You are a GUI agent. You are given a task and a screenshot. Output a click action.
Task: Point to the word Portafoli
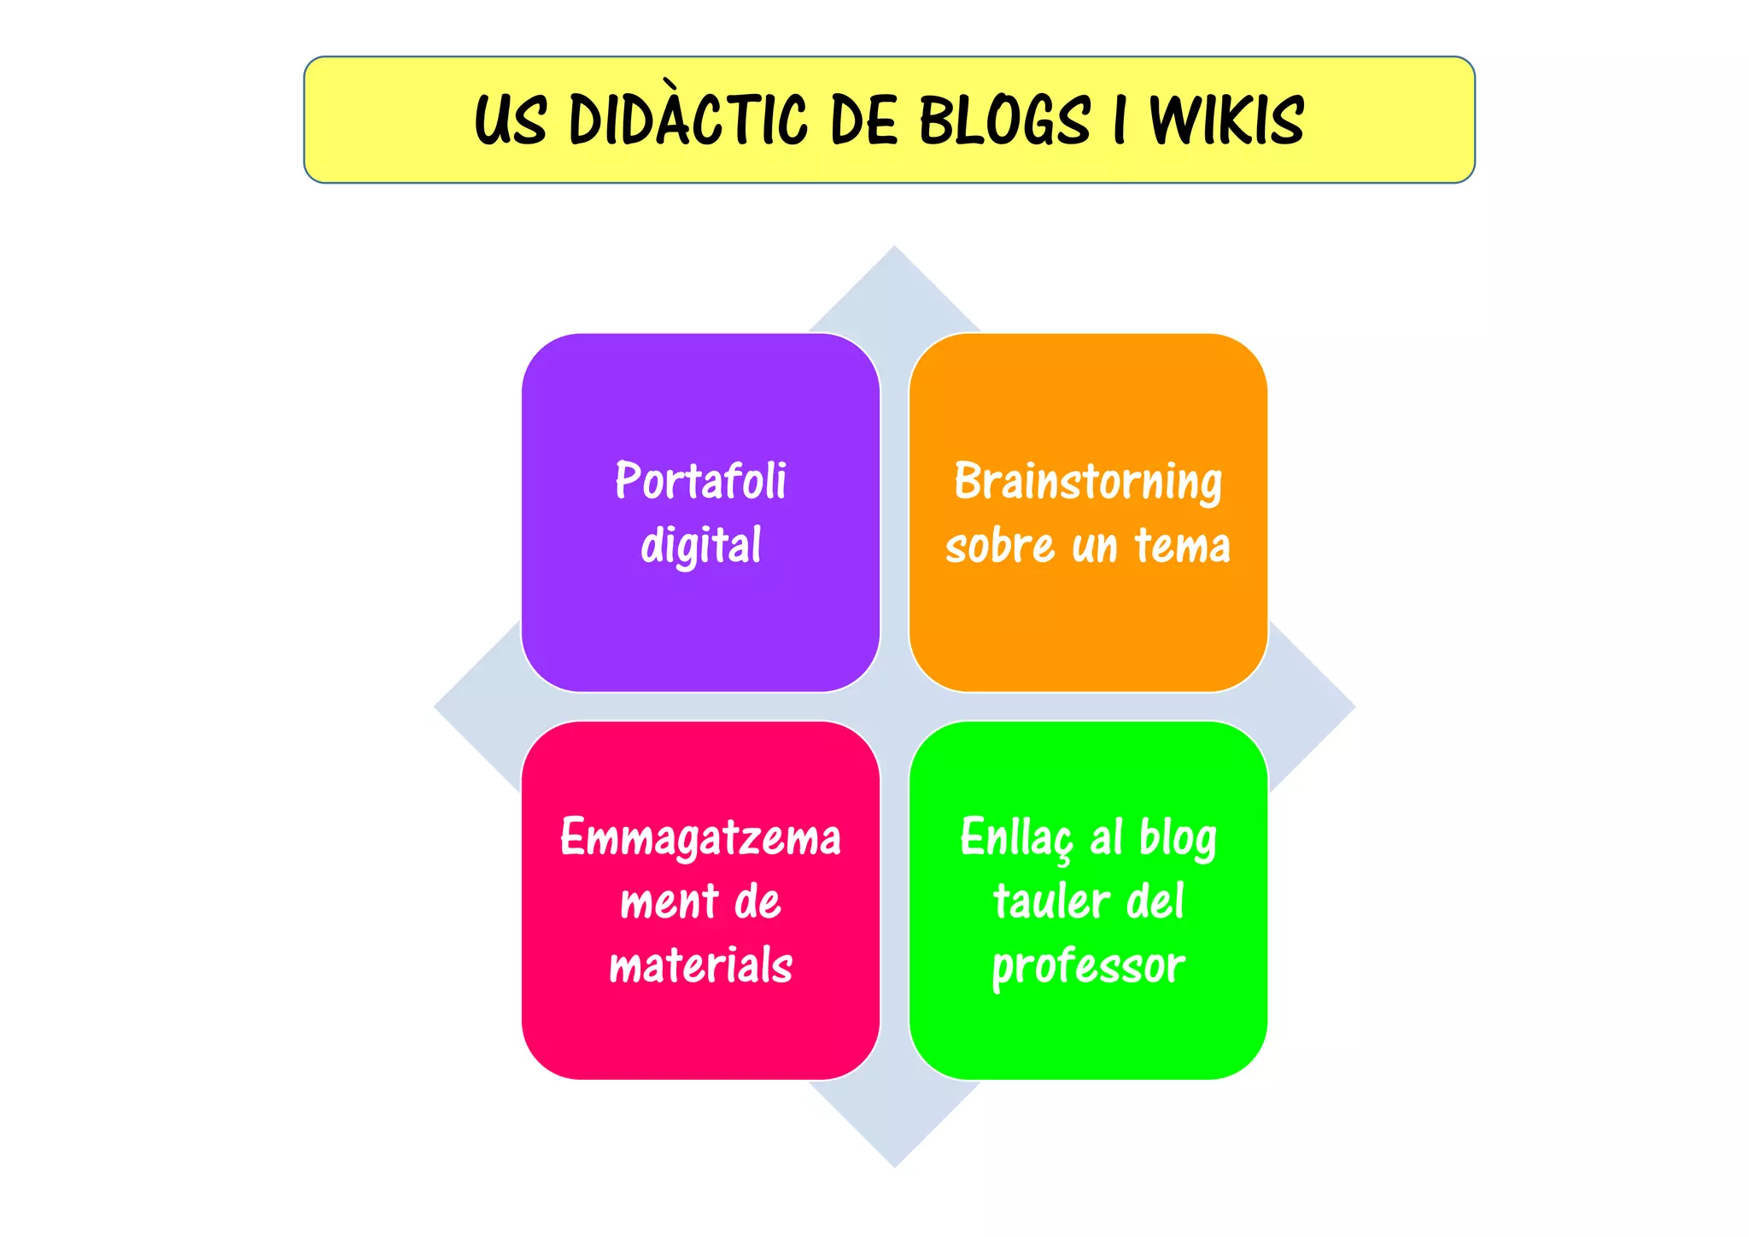pyautogui.click(x=700, y=480)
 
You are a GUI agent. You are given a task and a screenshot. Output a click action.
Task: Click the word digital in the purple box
pyautogui.click(x=700, y=545)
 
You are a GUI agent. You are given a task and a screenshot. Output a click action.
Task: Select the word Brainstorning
pyautogui.click(x=1088, y=482)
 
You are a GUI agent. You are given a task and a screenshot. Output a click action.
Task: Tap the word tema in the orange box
pyautogui.click(x=1182, y=545)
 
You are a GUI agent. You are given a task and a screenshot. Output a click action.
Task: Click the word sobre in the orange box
pyautogui.click(x=999, y=545)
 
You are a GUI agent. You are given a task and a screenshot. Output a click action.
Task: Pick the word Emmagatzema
pyautogui.click(x=700, y=837)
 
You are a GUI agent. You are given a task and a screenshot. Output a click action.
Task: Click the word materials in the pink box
pyautogui.click(x=700, y=965)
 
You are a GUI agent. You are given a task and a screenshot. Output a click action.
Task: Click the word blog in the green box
pyautogui.click(x=1178, y=837)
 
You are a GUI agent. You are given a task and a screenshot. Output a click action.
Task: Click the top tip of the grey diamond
pyautogui.click(x=894, y=250)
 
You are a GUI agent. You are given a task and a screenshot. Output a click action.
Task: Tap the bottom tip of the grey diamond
pyautogui.click(x=894, y=1164)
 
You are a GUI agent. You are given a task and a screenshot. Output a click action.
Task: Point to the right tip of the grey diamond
pyautogui.click(x=1351, y=706)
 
